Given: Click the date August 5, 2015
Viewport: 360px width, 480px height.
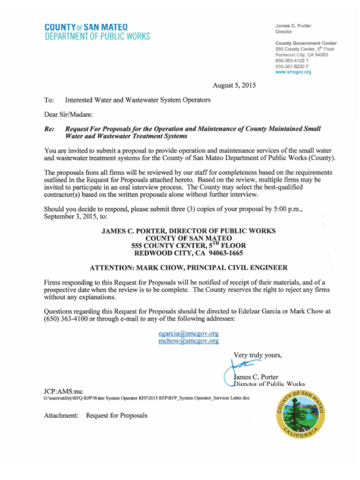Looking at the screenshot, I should (x=234, y=85).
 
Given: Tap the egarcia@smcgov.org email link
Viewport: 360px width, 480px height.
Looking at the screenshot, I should (x=188, y=333).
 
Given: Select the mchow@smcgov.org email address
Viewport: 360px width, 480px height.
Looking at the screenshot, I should (x=188, y=341).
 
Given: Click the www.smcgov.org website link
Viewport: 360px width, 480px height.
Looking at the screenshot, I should (x=293, y=72).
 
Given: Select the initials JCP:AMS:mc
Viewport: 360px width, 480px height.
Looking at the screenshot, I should (x=63, y=391).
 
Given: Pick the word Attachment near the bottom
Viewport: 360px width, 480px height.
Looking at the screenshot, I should (x=61, y=415).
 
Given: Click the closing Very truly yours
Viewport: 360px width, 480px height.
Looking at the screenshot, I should (x=257, y=355).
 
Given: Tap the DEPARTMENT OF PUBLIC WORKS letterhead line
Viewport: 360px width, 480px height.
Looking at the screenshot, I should (x=97, y=37).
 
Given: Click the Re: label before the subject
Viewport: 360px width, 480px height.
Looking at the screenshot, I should (x=49, y=128).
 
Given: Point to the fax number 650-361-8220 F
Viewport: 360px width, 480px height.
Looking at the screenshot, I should (x=292, y=67).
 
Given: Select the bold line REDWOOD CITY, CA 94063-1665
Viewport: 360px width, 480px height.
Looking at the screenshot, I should (x=188, y=253).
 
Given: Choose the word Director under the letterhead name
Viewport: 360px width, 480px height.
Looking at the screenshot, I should (x=284, y=32).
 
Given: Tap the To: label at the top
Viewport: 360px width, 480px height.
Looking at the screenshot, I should (x=49, y=100).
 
